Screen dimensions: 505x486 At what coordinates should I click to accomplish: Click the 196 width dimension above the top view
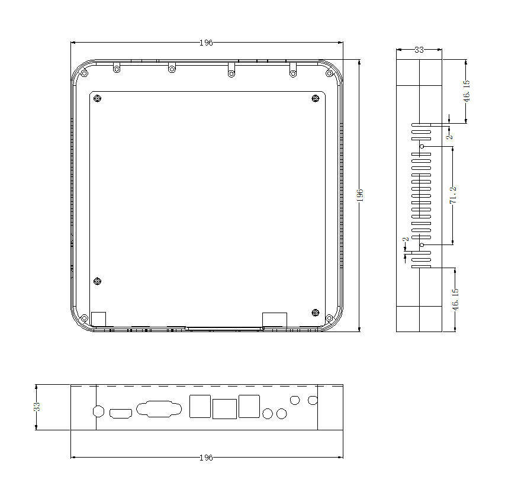pos(206,43)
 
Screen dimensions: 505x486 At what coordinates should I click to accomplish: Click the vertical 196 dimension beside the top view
pos(360,195)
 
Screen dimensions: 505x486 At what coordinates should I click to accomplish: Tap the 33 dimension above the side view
pos(419,50)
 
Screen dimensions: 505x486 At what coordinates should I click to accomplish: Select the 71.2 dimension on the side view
pos(453,195)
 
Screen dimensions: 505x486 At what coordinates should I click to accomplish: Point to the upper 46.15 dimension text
pos(467,91)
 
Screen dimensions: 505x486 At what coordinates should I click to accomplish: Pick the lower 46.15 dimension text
pos(455,300)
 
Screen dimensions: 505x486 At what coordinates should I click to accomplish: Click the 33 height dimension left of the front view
pos(37,407)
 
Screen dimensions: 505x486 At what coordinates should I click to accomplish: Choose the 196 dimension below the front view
pos(206,458)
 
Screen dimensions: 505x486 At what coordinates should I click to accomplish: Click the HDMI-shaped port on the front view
pos(121,414)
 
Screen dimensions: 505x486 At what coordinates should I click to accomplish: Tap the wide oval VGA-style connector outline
pos(159,409)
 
